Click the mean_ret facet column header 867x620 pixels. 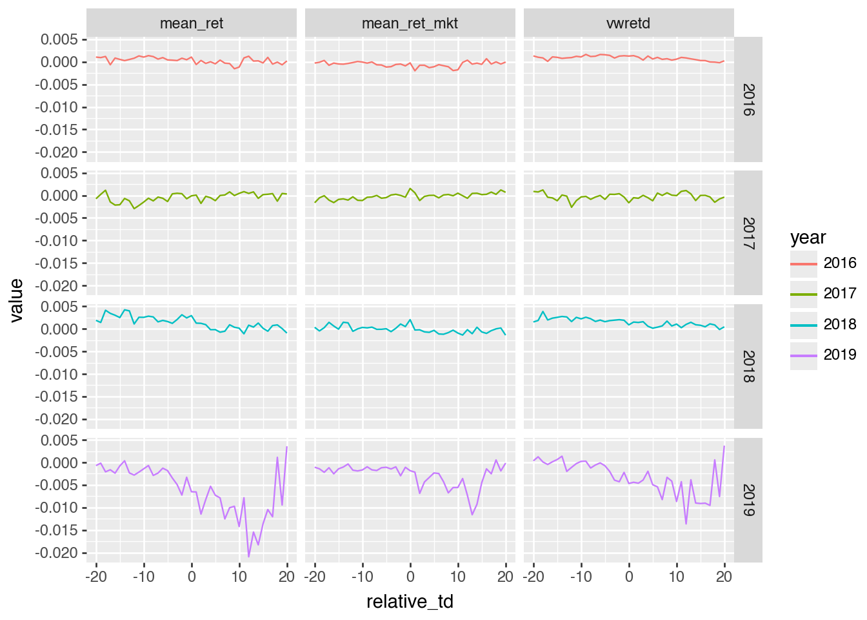(x=192, y=23)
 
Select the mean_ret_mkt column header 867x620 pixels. (x=410, y=23)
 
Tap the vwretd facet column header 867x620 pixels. (x=628, y=23)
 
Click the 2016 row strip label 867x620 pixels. (x=748, y=99)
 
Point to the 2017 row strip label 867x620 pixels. (x=748, y=233)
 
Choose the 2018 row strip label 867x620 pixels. (x=748, y=366)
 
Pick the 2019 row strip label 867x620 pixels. (x=748, y=500)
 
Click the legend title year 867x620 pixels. (x=808, y=238)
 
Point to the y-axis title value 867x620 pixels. (x=16, y=300)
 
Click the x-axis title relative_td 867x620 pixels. (x=410, y=602)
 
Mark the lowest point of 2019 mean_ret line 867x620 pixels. (x=248, y=557)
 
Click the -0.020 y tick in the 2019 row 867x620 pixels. (x=59, y=553)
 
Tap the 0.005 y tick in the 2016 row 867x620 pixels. (x=59, y=40)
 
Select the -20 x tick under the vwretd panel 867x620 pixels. (x=533, y=577)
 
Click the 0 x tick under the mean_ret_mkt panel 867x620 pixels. (x=410, y=577)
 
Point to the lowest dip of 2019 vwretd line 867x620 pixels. (x=686, y=524)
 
